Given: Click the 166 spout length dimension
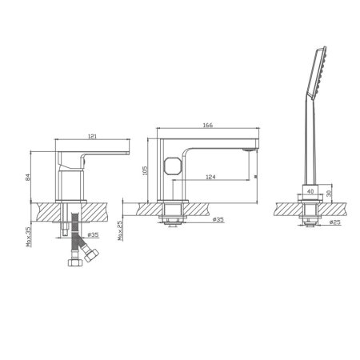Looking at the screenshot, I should point(206,124).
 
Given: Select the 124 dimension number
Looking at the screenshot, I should point(210,176).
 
